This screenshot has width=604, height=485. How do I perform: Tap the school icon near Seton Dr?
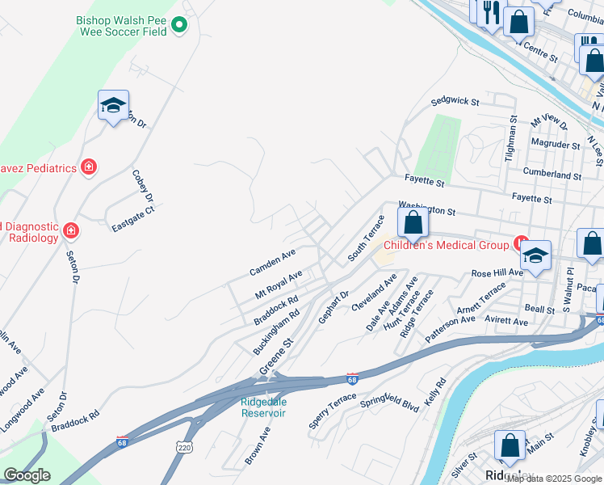click(114, 104)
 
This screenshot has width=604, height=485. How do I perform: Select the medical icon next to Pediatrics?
click(89, 167)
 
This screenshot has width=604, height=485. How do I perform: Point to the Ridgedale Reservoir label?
click(263, 407)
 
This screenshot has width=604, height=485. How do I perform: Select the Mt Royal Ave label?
click(279, 284)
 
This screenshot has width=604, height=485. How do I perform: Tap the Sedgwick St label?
click(455, 102)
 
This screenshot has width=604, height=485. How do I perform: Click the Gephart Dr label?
click(333, 308)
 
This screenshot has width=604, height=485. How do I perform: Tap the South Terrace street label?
click(366, 238)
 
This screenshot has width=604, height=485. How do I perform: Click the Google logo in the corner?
click(27, 475)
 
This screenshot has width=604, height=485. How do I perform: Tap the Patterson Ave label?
click(451, 330)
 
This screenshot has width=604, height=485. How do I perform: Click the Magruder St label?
click(556, 144)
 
